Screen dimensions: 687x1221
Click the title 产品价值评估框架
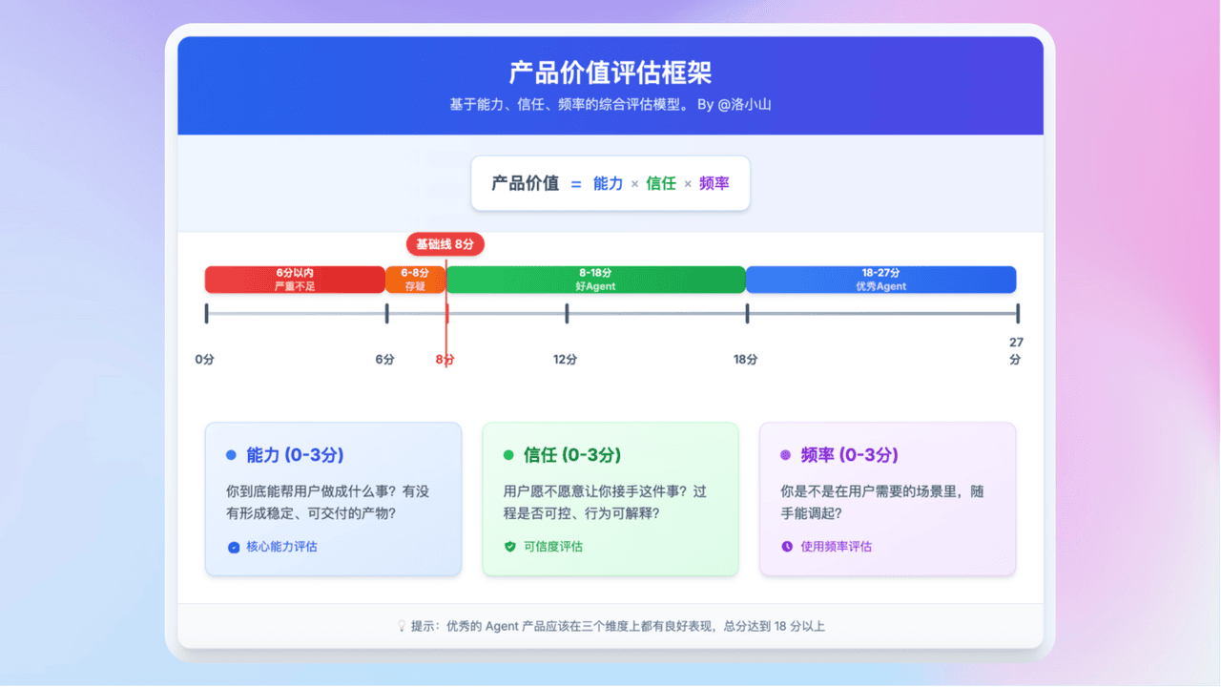[x=610, y=73]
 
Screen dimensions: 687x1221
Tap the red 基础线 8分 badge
[x=445, y=243]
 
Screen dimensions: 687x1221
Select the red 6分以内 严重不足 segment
[x=295, y=280]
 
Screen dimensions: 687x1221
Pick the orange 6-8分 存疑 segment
[x=415, y=280]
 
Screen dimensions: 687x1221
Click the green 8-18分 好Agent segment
[x=595, y=280]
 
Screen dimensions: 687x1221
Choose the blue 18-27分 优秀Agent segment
[x=880, y=280]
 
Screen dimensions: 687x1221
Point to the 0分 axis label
[x=204, y=360]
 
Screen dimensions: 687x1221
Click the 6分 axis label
[x=384, y=360]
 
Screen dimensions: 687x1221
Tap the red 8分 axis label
[x=445, y=360]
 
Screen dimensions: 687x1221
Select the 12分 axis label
[x=565, y=360]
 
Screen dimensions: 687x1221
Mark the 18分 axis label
[x=745, y=360]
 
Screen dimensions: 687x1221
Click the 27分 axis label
[x=1016, y=351]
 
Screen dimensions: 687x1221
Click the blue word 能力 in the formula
[x=608, y=183]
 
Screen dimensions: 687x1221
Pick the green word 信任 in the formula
[x=660, y=183]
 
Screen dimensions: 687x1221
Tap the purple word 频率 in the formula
[x=714, y=183]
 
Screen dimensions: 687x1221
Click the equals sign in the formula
[x=576, y=184]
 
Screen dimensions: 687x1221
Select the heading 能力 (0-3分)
[x=295, y=455]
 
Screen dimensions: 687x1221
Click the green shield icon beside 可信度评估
[x=509, y=547]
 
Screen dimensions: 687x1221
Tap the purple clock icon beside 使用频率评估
[x=787, y=547]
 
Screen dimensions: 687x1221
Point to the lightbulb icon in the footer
[x=402, y=626]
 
